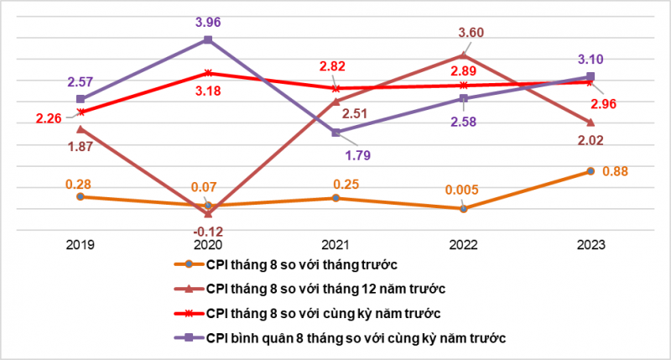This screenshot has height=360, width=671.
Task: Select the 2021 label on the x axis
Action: click(x=335, y=243)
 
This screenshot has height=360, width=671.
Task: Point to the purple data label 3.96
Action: click(x=207, y=14)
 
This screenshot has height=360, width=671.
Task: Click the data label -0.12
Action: click(x=207, y=231)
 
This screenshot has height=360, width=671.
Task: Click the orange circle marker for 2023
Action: click(x=590, y=171)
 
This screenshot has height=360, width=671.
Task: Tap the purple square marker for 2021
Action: click(x=335, y=133)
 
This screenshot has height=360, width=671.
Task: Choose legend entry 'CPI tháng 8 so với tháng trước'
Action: click(x=300, y=264)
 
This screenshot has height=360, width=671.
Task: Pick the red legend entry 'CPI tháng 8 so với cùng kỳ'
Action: click(x=324, y=313)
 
